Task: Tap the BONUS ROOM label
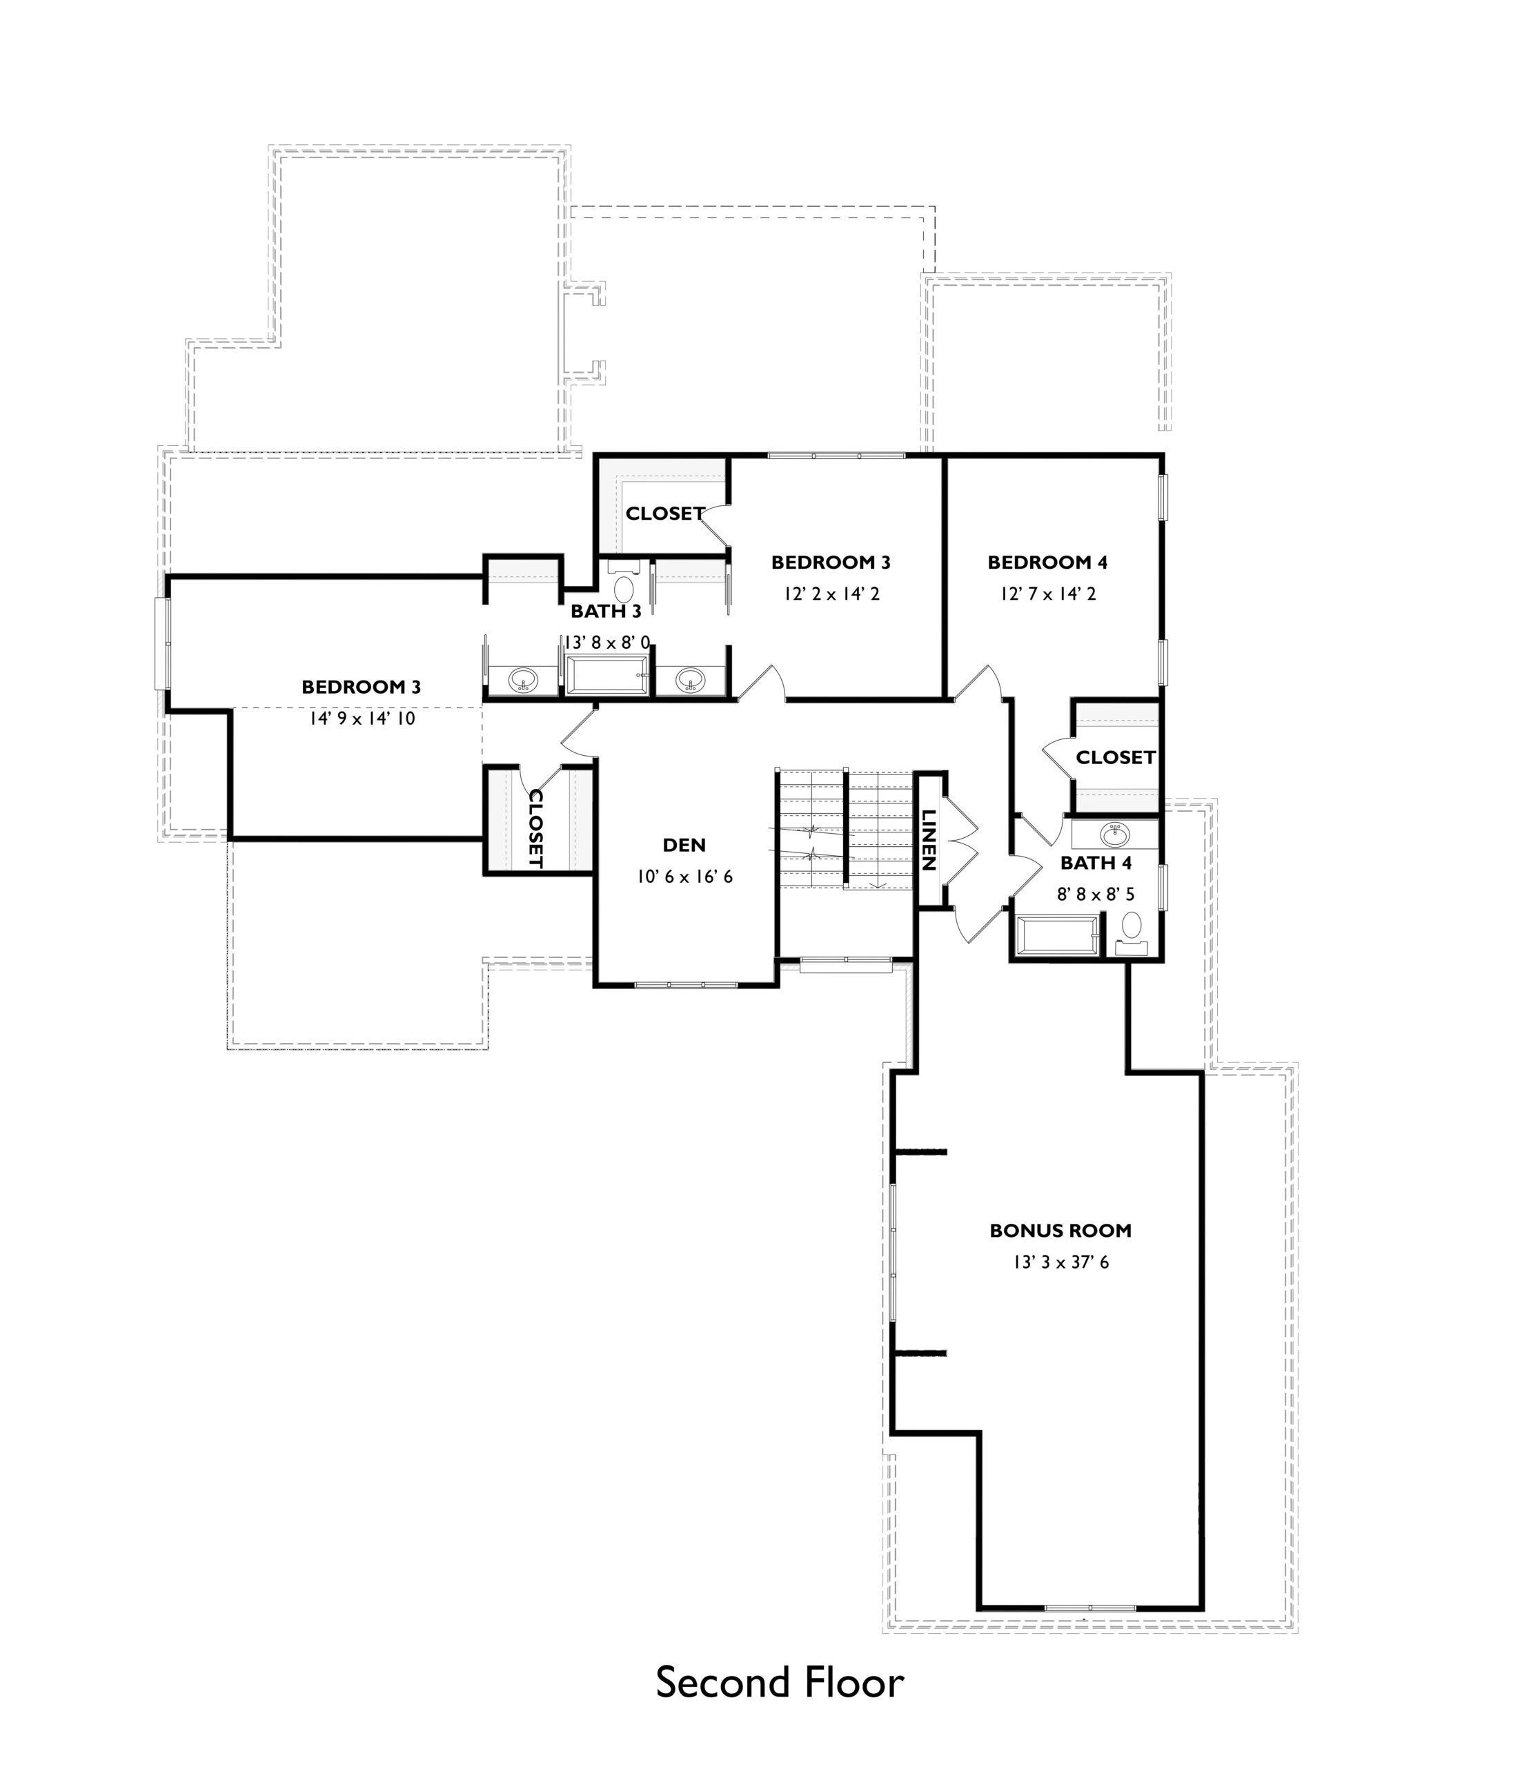pos(1060,1231)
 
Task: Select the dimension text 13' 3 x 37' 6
pos(1060,1262)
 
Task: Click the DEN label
pos(684,845)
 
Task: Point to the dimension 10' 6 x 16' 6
pos(684,877)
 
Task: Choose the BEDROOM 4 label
pos(1048,562)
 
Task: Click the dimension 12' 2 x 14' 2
pos(831,594)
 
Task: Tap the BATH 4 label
pos(1096,863)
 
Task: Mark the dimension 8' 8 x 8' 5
pos(1096,895)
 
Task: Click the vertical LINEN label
pos(929,840)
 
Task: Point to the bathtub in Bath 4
pos(1056,937)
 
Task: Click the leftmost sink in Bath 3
pos(522,680)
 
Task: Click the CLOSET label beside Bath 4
pos(1115,757)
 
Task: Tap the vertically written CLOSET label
pos(535,828)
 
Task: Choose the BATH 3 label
pos(605,611)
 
